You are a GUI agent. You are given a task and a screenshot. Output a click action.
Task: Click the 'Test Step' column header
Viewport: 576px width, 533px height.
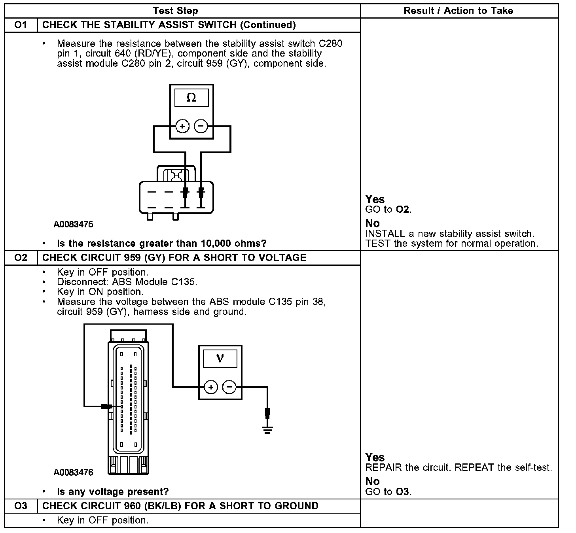tap(175, 11)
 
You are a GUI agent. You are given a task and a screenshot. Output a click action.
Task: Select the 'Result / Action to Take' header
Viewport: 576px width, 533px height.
tap(458, 11)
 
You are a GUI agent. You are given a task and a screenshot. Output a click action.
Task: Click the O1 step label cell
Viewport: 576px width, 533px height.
tap(21, 25)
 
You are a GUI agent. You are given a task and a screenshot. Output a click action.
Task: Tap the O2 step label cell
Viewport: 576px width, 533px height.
tap(21, 258)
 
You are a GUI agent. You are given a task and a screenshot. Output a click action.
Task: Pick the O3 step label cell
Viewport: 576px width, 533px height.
tap(21, 506)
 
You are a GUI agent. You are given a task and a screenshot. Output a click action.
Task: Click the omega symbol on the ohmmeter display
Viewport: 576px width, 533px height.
tap(191, 98)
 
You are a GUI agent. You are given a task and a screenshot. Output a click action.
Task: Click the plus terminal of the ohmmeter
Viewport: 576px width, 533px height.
tap(182, 127)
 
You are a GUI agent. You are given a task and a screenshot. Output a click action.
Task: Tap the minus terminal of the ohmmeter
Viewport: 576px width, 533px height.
tap(201, 127)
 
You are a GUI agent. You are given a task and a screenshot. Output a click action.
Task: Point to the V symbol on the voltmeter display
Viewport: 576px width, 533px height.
tap(220, 359)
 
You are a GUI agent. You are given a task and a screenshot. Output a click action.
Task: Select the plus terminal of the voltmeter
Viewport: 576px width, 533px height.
tap(210, 387)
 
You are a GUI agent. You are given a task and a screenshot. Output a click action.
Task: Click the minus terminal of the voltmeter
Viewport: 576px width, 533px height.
tap(229, 387)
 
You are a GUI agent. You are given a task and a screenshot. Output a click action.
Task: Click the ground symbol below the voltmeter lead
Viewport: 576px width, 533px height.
tap(267, 430)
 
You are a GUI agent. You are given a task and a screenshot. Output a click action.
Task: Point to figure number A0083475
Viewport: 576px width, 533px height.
tap(74, 225)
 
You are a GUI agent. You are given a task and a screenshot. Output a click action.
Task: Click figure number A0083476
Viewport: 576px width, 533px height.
tap(74, 473)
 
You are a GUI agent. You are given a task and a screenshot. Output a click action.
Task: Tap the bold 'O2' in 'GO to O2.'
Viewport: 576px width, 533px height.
tap(403, 210)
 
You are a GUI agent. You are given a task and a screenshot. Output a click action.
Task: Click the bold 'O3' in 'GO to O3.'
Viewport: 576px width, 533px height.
tap(403, 492)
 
